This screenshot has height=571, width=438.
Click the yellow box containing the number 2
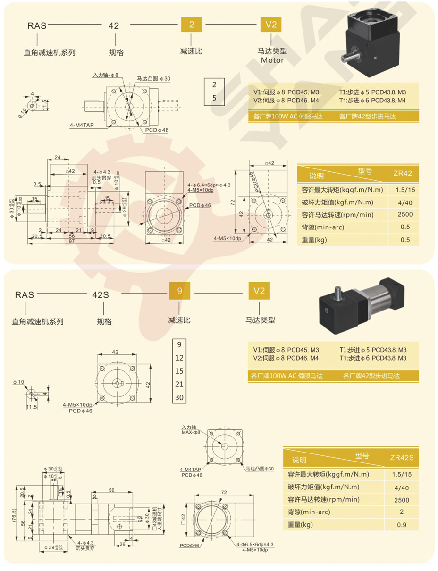192,25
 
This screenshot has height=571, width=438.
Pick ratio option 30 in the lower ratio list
179,397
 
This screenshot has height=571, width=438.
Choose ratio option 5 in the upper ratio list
214,98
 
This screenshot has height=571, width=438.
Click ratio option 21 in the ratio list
179,384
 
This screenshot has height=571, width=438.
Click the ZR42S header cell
401,457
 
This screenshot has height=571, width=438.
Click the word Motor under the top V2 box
272,60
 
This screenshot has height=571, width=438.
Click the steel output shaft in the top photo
348,58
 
